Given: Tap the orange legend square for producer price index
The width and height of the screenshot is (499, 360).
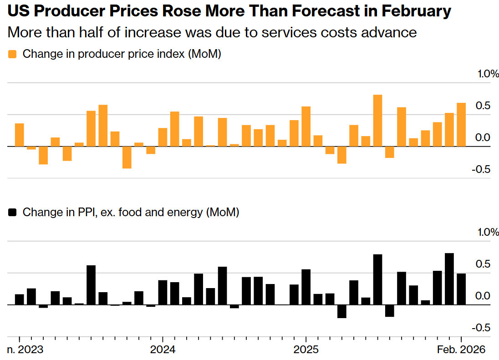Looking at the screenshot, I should [x=12, y=54].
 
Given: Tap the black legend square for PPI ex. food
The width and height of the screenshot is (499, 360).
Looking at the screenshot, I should [x=12, y=212].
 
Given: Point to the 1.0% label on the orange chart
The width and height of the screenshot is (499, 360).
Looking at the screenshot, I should [x=488, y=74].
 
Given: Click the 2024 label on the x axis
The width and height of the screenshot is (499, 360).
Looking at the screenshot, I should [x=163, y=350].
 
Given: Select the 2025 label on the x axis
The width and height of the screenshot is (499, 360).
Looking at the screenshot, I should [x=306, y=350].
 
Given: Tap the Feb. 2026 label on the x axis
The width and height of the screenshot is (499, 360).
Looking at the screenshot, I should [x=461, y=350].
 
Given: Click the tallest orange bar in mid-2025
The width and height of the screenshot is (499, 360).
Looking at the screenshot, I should [x=377, y=120].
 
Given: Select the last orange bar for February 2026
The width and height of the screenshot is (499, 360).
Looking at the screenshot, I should [x=461, y=124].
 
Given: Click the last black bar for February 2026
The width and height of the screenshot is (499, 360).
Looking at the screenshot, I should [x=461, y=289].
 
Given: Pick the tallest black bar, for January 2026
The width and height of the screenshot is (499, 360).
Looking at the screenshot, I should [x=449, y=279].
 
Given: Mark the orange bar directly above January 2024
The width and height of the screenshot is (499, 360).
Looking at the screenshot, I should [x=163, y=137].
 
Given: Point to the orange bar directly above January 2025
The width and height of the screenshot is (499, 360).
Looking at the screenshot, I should [x=306, y=126].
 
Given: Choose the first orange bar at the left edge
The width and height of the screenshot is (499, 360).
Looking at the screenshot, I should [x=20, y=135].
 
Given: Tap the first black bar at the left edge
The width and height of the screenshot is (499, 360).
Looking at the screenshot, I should [x=20, y=299].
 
